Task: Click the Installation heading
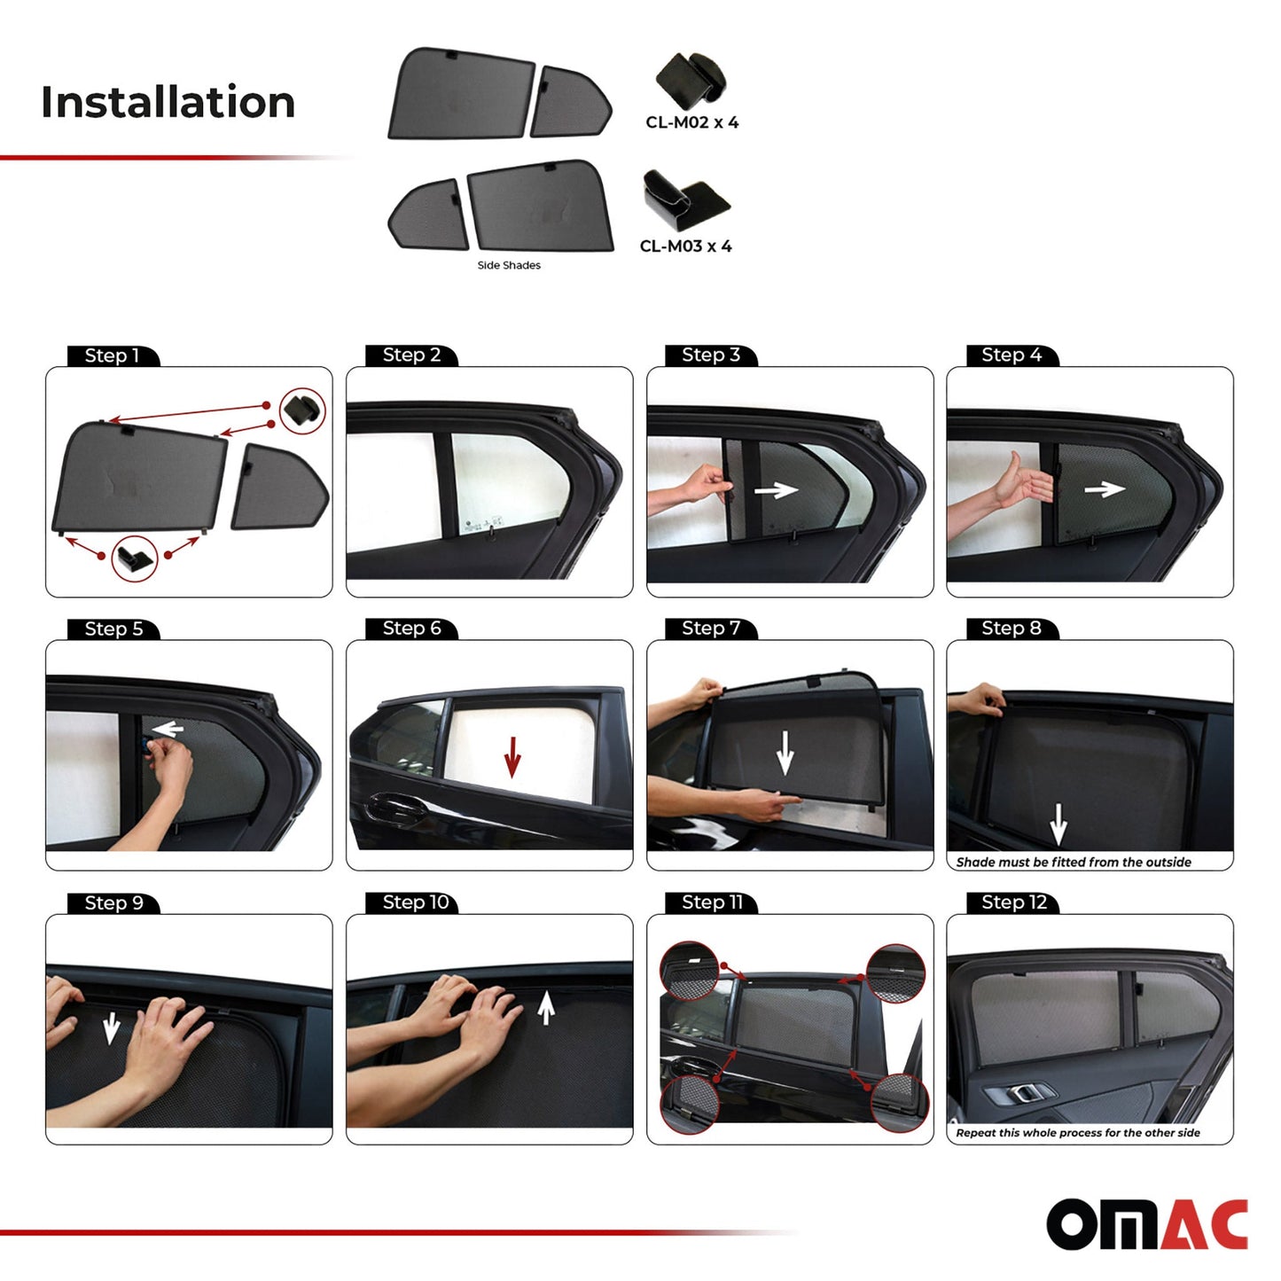pyautogui.click(x=168, y=102)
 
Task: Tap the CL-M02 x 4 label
pyautogui.click(x=691, y=122)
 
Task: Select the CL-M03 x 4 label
pyautogui.click(x=685, y=246)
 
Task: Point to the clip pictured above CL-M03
pyautogui.click(x=684, y=200)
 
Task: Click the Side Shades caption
pyautogui.click(x=509, y=265)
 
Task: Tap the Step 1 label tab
pyautogui.click(x=113, y=355)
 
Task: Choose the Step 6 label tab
pyautogui.click(x=411, y=629)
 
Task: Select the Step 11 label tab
pyautogui.click(x=712, y=902)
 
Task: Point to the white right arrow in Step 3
pyautogui.click(x=776, y=489)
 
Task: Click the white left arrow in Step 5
pyautogui.click(x=168, y=730)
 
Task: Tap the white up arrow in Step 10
pyautogui.click(x=546, y=1007)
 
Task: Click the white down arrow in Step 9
pyautogui.click(x=111, y=1028)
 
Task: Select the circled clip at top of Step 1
pyautogui.click(x=302, y=410)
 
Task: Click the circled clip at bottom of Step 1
pyautogui.click(x=135, y=558)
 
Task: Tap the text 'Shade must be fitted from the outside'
pyautogui.click(x=1074, y=862)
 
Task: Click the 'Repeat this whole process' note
pyautogui.click(x=1078, y=1133)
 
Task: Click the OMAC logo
pyautogui.click(x=1147, y=1224)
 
